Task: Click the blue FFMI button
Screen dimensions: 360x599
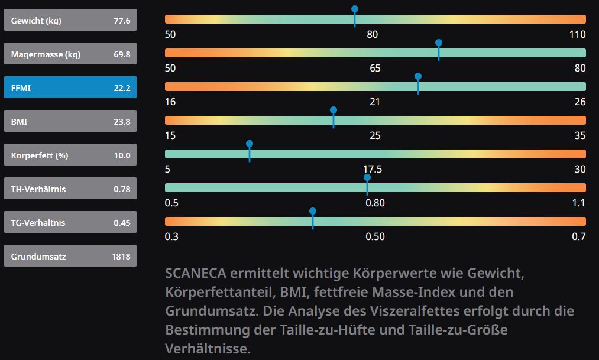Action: (70, 87)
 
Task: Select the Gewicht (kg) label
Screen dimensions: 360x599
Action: (36, 21)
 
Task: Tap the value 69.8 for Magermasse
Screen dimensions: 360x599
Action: (122, 55)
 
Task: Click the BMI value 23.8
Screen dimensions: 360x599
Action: (122, 122)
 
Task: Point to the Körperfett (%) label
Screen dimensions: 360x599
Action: (40, 156)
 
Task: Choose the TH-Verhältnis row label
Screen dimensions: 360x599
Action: (38, 189)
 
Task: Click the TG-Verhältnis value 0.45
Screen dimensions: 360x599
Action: (122, 223)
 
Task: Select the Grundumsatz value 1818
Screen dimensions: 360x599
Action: (121, 257)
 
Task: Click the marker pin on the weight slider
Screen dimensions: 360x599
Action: (355, 10)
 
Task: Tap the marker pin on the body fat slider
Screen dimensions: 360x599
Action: (250, 145)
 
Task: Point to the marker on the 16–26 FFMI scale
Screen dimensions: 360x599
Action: (418, 77)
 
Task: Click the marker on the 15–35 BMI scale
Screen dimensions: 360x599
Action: (334, 111)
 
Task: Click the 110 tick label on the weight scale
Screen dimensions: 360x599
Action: (577, 34)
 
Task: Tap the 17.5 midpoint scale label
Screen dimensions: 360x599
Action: (372, 170)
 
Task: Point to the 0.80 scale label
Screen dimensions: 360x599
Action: (375, 203)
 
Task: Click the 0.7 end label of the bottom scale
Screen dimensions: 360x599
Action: (579, 237)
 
